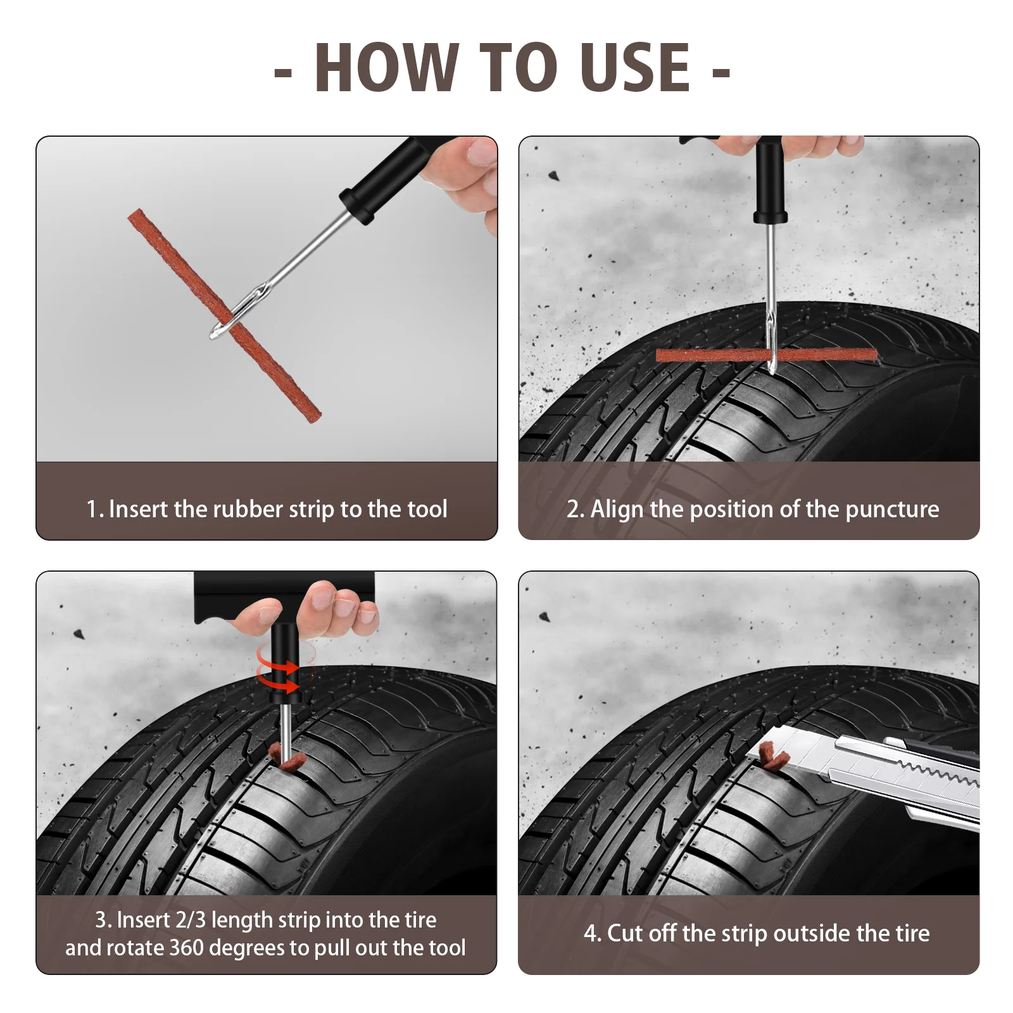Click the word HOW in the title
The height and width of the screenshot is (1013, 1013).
coord(387,67)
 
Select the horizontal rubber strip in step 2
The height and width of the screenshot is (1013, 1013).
coord(767,355)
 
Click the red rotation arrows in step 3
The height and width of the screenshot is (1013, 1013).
coord(279,670)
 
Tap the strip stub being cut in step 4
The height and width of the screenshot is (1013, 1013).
coord(774,756)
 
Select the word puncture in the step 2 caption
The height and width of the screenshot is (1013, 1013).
coord(892,510)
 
